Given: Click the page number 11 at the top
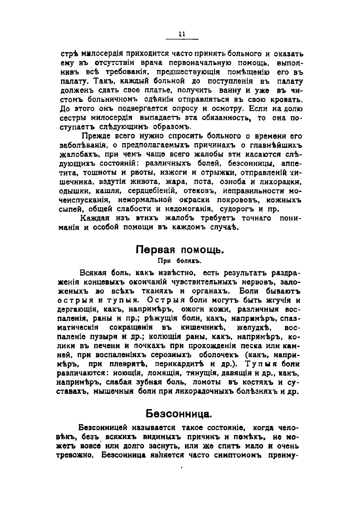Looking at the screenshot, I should click(182, 34).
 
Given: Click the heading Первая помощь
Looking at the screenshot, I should click(180, 250).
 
